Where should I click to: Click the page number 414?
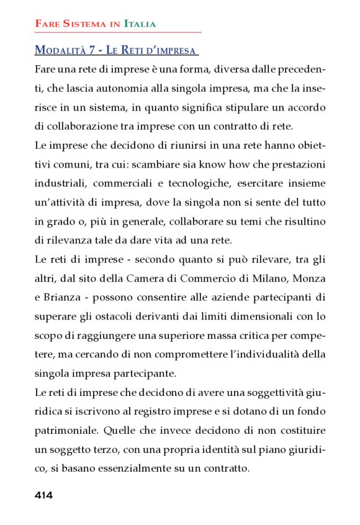[43, 495]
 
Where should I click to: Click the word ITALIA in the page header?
[140, 24]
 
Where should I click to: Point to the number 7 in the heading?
[94, 50]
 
